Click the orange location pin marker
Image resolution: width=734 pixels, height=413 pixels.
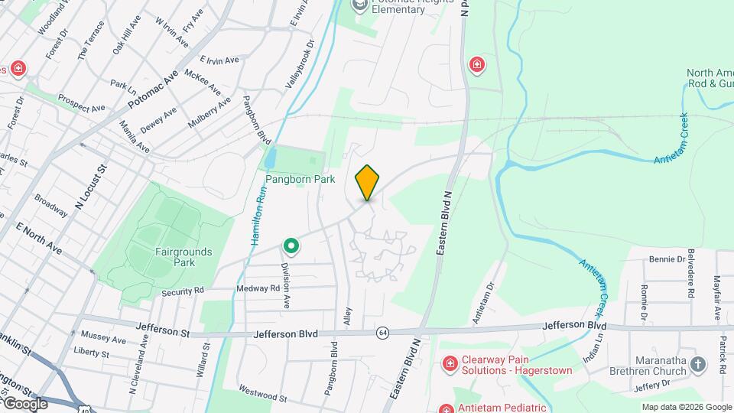(368, 182)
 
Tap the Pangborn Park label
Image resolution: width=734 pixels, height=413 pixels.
(300, 179)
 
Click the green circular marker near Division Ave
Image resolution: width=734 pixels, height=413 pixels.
(291, 246)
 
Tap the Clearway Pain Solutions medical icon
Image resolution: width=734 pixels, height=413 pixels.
(450, 362)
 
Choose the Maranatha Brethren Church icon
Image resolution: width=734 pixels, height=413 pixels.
(697, 364)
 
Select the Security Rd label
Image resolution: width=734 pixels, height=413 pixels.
(183, 291)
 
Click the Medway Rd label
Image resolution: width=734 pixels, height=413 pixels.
(258, 288)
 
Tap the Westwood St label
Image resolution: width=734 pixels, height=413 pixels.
(262, 397)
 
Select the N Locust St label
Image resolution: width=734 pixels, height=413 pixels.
(89, 187)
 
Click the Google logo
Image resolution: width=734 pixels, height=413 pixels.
(26, 403)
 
